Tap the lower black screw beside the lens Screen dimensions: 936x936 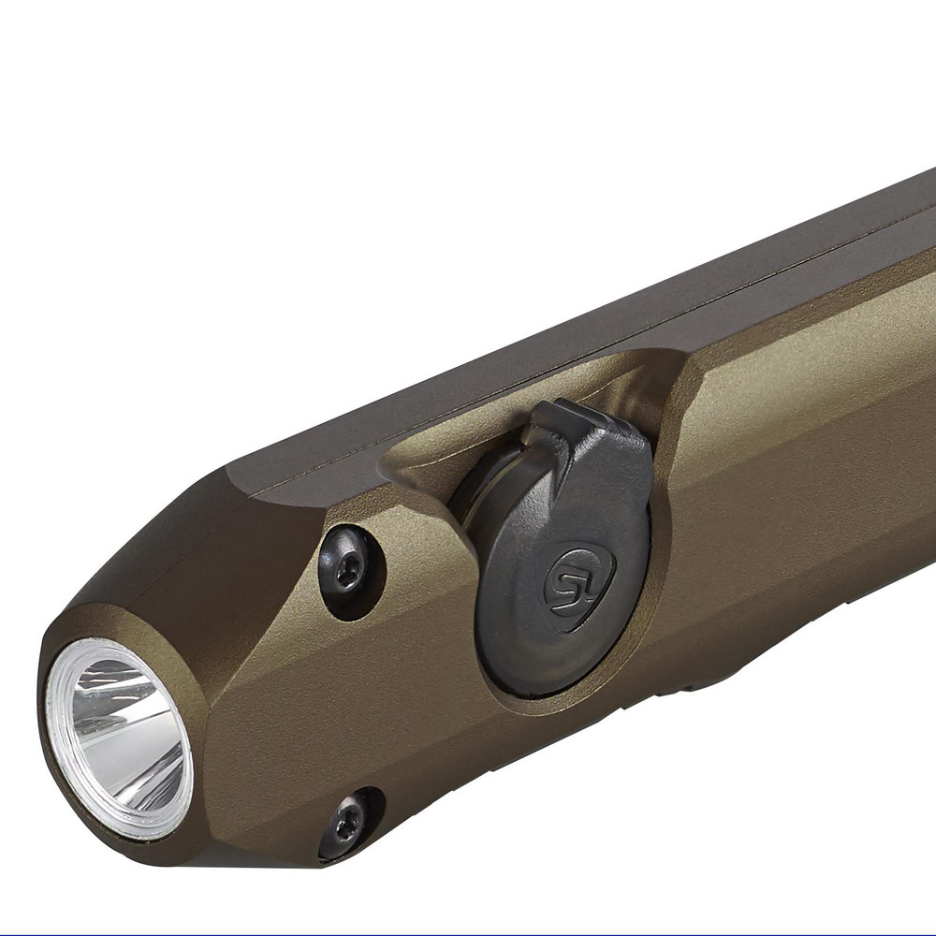(x=347, y=824)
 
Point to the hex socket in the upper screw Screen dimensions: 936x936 (x=349, y=573)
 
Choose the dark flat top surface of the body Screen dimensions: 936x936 (x=562, y=318)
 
